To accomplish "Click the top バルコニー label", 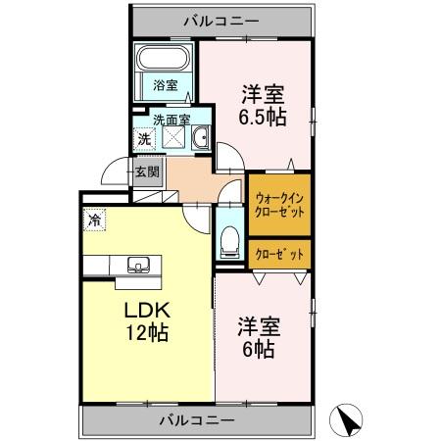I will (x=222, y=19).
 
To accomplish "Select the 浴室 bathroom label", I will (x=166, y=86).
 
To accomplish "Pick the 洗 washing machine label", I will (x=143, y=139).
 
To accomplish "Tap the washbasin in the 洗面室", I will (x=200, y=139).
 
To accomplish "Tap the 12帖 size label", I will (x=146, y=333).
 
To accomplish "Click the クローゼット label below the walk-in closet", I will (x=280, y=254).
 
